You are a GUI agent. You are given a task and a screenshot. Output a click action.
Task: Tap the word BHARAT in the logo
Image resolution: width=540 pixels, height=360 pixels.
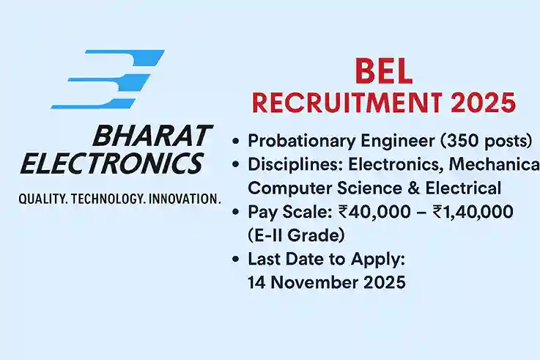point(152,136)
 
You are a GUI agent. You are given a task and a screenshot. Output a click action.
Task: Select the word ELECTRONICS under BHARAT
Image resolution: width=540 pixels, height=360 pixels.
point(111,163)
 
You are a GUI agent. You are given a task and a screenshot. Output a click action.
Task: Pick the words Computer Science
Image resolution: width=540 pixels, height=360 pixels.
point(330,188)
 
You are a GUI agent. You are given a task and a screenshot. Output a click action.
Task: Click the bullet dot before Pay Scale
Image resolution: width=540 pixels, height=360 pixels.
point(236,213)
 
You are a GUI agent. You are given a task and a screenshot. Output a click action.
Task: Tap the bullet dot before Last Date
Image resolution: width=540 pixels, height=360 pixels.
point(236,260)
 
